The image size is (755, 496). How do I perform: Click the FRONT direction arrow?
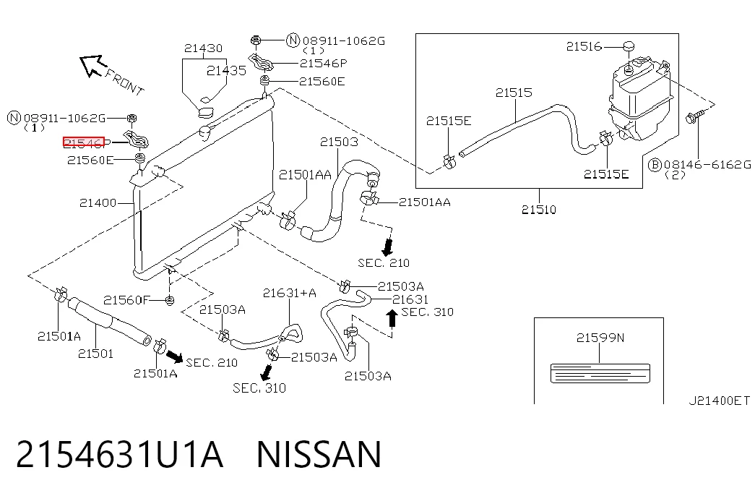coord(92,65)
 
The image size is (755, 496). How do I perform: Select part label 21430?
coord(203,48)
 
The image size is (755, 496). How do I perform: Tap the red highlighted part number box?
coord(84,142)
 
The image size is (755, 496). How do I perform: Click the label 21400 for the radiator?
coord(98,203)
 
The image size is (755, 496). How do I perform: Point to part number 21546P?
coord(323,63)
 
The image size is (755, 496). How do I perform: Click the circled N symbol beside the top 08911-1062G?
coord(293,40)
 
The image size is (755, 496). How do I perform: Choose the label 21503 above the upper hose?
coord(339,142)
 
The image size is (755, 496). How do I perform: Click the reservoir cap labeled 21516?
coord(629,46)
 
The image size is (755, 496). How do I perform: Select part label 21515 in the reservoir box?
coord(514,93)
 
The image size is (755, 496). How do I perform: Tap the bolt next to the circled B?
coord(694,116)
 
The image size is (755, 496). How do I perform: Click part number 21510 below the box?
coord(539,210)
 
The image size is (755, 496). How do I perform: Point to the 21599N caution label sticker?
coord(600,374)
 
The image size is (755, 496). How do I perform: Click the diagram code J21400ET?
coord(719,401)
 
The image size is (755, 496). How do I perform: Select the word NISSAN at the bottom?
coord(319,454)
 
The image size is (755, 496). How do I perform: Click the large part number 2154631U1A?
coord(119,454)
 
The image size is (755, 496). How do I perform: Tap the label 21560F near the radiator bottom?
coord(126,300)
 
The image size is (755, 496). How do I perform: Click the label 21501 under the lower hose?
coord(96,354)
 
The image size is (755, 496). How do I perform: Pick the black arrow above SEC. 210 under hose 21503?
coord(387,247)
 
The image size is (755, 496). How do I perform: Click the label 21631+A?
coord(290,293)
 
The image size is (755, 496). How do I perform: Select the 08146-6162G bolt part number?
coord(707,165)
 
